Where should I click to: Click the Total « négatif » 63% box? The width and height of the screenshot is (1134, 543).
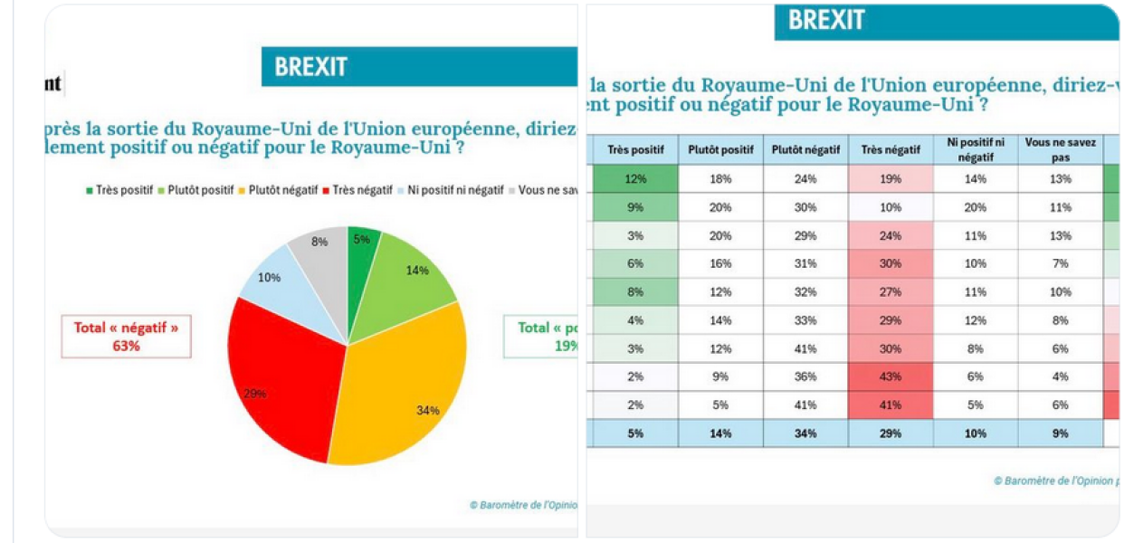127,336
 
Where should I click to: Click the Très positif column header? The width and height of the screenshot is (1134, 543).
635,149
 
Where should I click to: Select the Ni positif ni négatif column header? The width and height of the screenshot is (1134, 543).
975,149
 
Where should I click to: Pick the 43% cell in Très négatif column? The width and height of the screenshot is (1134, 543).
890,376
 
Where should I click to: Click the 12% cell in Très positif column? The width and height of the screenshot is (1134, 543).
635,179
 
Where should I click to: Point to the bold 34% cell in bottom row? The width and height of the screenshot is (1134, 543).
805,433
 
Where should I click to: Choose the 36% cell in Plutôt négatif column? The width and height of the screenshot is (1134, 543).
805,376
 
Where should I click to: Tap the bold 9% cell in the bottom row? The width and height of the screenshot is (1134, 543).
1060,433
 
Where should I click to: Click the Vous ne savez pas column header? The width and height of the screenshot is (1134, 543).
1060,149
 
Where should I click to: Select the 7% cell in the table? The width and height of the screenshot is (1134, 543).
1060,263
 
